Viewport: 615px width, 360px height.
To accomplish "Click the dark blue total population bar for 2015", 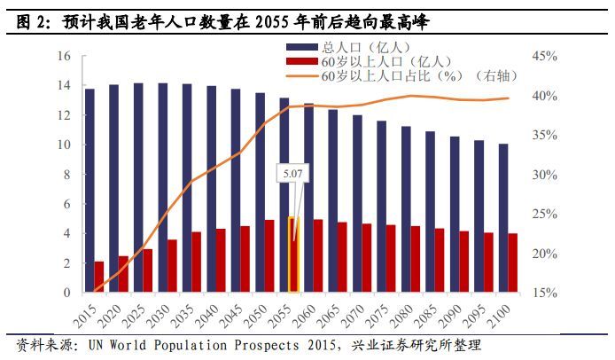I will click(90, 190).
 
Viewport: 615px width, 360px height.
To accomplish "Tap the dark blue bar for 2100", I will click(503, 217).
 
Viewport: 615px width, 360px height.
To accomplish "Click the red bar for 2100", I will click(513, 262).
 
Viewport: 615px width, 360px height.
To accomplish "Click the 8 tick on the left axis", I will click(66, 175).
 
